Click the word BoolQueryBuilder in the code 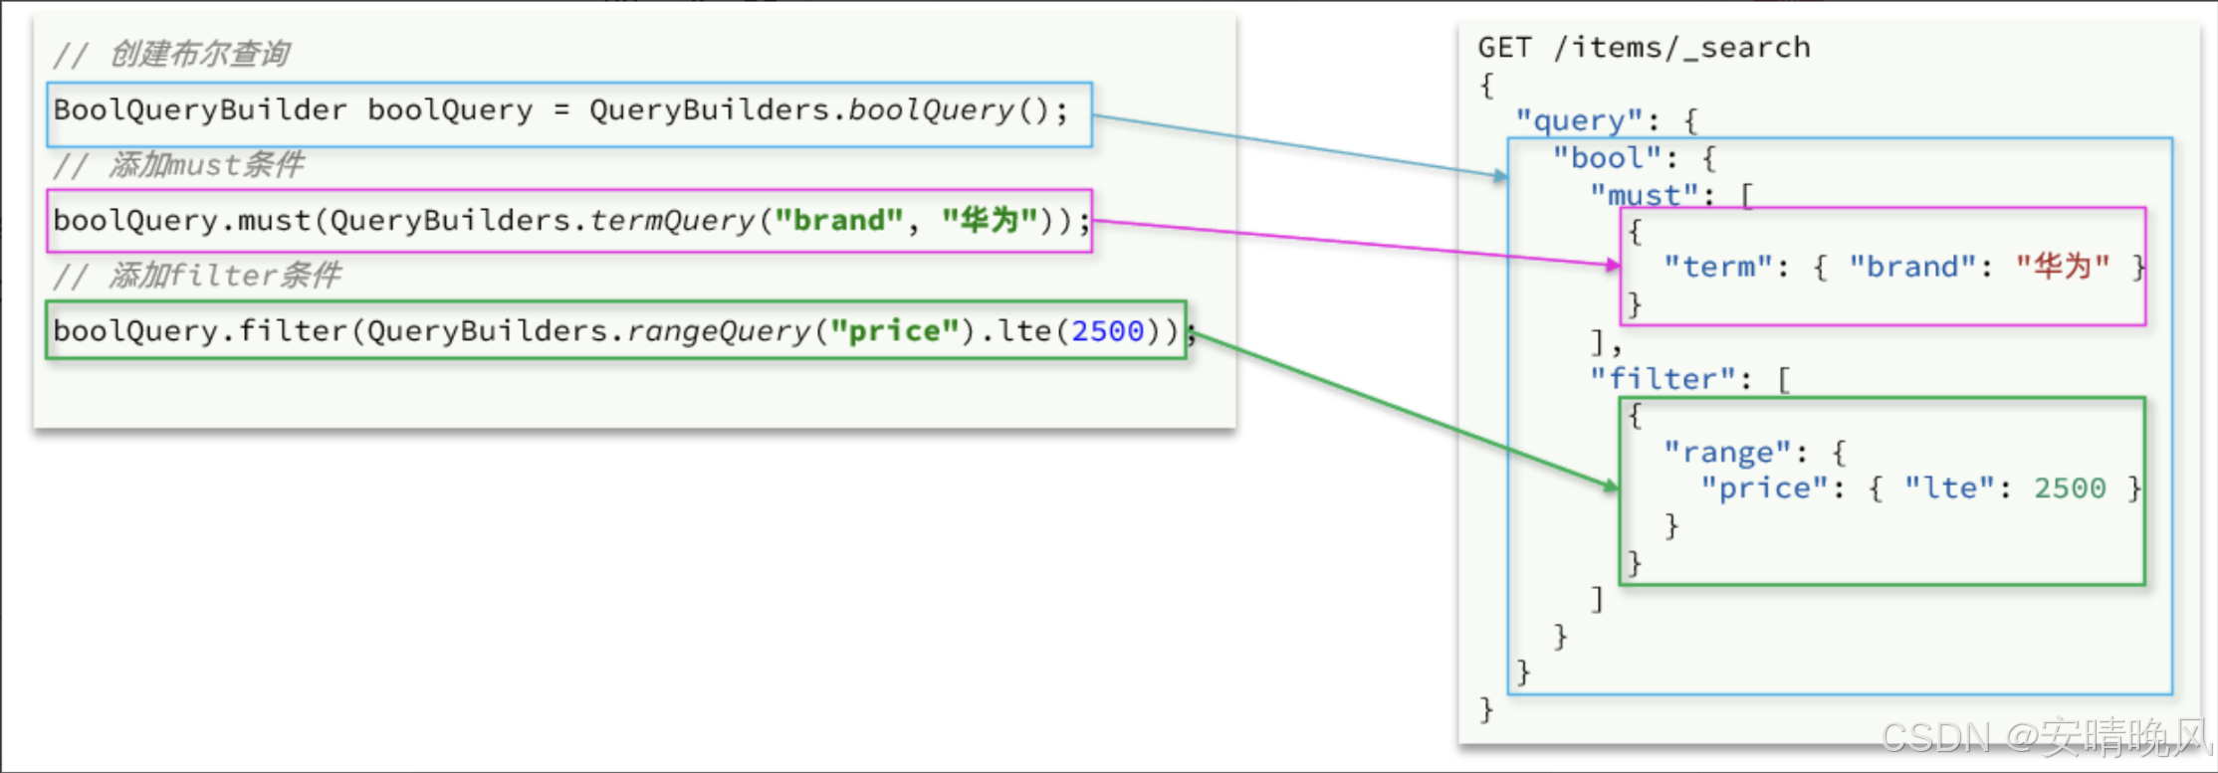point(200,109)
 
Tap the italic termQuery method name point(672,220)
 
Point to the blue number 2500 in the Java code point(1107,330)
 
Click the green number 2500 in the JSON point(2070,487)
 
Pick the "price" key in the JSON point(1763,488)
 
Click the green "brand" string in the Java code point(839,220)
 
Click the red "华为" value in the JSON point(2063,266)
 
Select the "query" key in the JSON point(1578,121)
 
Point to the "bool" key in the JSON point(1606,157)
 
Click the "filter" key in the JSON point(1663,378)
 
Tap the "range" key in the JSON point(1726,453)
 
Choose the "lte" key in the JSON point(1949,487)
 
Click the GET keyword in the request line point(1504,47)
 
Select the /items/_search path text point(1681,48)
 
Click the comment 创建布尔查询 point(199,54)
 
